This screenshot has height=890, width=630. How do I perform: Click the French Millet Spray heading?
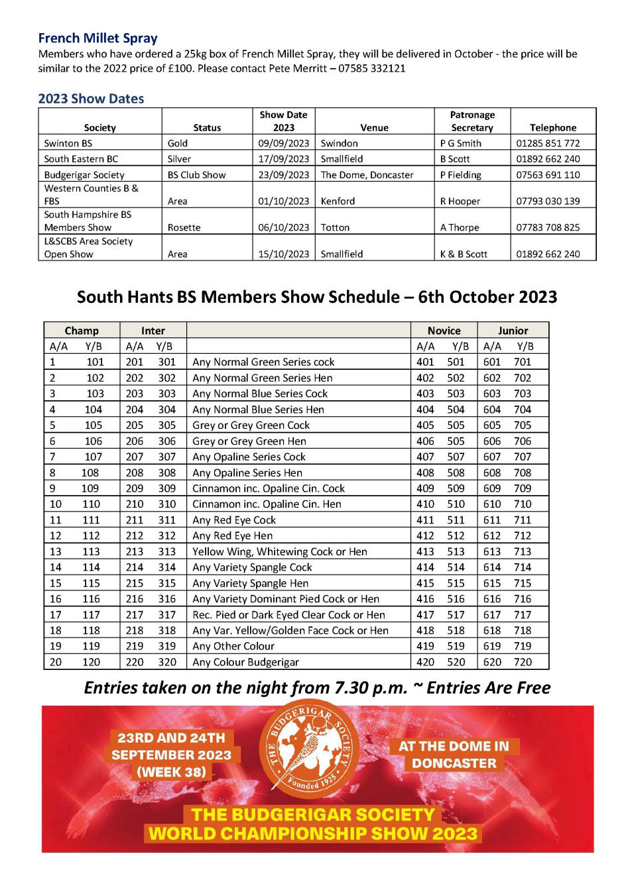click(97, 38)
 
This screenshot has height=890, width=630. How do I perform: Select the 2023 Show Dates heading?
click(91, 99)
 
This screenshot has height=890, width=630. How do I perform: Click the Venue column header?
click(375, 128)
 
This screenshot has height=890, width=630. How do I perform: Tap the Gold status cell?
click(178, 143)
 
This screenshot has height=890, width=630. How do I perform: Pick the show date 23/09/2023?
click(283, 175)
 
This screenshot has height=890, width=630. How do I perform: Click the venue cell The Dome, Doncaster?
click(367, 175)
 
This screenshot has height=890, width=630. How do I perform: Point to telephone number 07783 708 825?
click(548, 227)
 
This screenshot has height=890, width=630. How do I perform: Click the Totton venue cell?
click(335, 227)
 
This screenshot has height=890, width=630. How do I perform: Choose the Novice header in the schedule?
click(444, 331)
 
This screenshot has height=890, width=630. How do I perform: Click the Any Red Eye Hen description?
click(232, 535)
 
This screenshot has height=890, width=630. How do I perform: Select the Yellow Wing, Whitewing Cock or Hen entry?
click(279, 551)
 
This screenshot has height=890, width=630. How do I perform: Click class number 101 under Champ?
click(95, 362)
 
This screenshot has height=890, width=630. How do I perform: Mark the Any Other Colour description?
click(233, 646)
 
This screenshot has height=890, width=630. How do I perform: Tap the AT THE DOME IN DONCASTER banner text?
click(454, 755)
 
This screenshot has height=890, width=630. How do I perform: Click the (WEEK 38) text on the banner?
click(171, 772)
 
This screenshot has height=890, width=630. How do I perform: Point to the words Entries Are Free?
click(488, 688)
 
